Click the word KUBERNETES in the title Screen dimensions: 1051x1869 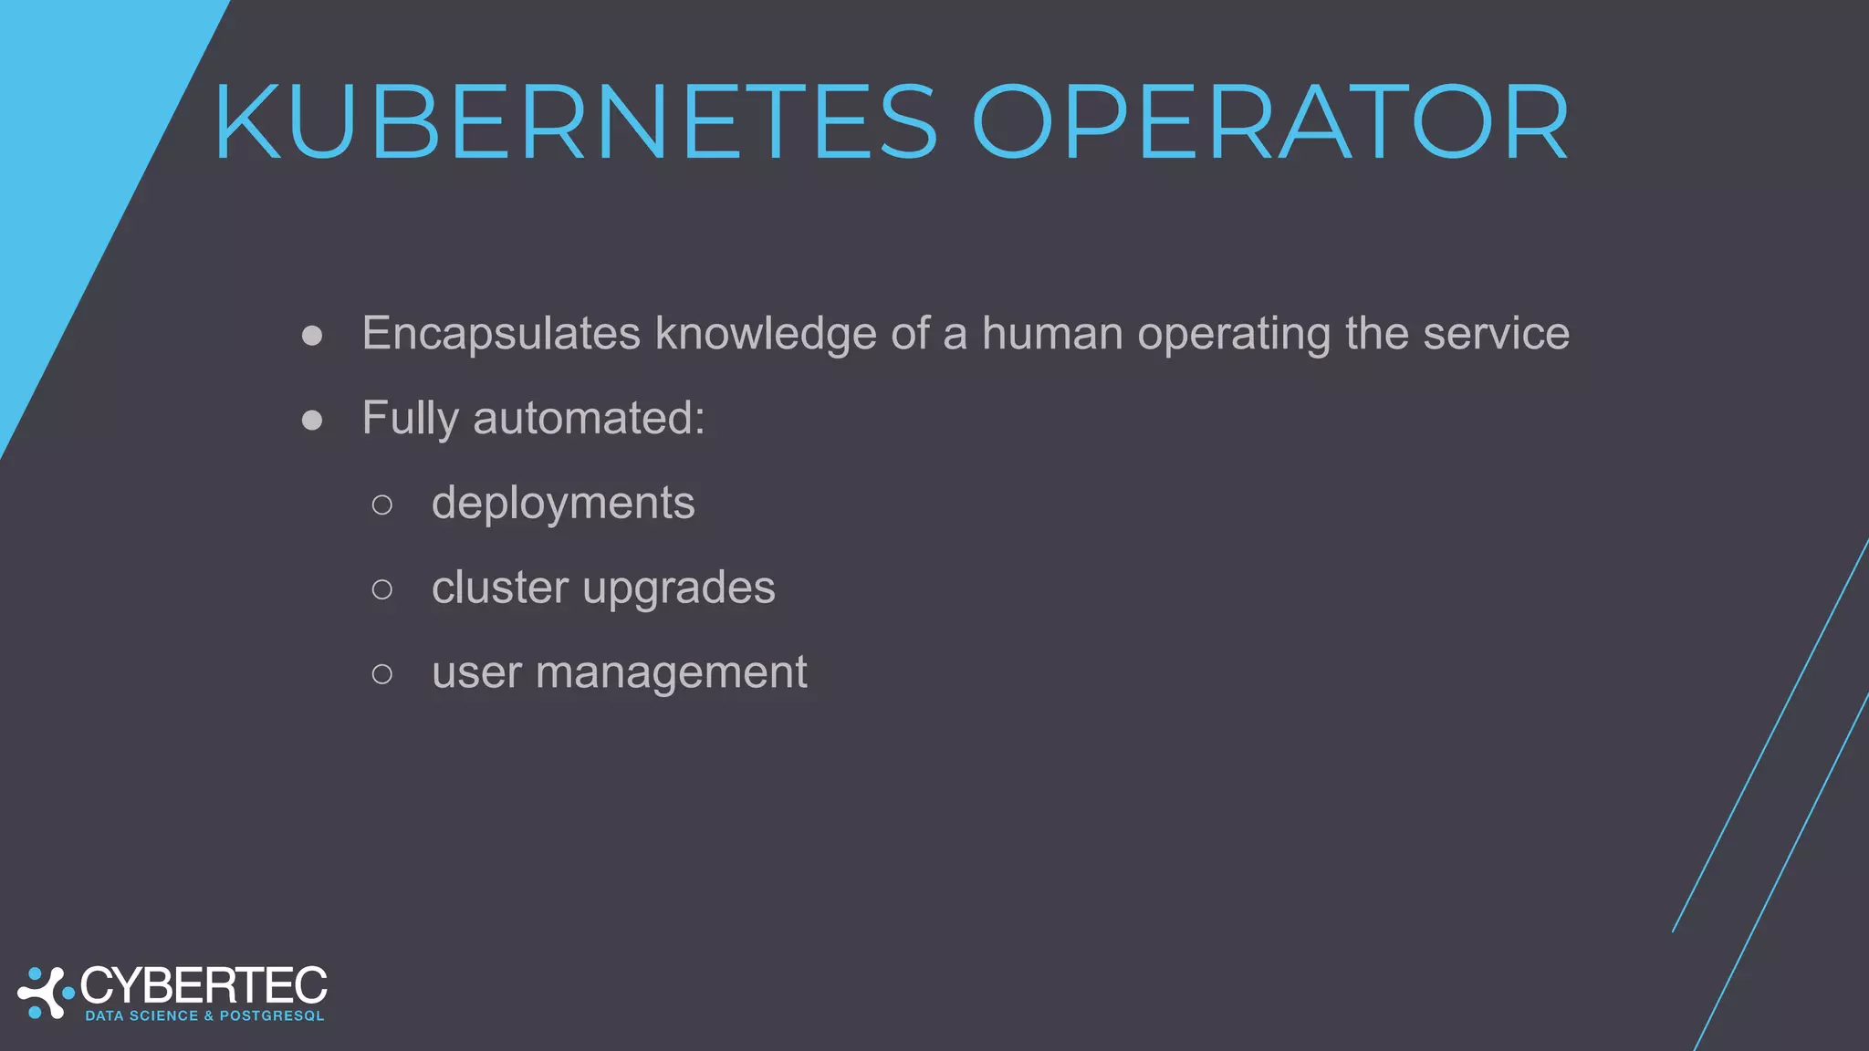[575, 123]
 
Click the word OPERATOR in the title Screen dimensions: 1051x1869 [1269, 123]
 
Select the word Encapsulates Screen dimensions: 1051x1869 [501, 334]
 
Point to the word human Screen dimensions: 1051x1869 [1052, 334]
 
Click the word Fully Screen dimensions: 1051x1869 [410, 419]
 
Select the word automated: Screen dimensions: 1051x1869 [589, 419]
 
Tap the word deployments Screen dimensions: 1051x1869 [563, 504]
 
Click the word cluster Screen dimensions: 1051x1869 [500, 588]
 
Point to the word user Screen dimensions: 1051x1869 [476, 673]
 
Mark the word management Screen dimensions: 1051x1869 [672, 674]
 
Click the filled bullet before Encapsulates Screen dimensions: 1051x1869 [312, 336]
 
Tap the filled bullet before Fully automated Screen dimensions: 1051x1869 [312, 420]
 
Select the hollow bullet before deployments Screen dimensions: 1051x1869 [382, 505]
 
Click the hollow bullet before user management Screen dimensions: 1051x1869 [382, 674]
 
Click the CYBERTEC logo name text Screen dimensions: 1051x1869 [204, 986]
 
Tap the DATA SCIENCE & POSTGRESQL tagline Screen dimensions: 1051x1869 [204, 1016]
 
